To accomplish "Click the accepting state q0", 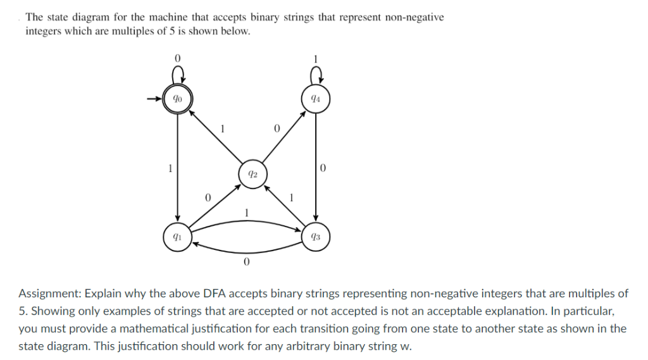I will [178, 99].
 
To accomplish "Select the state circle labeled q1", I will [177, 237].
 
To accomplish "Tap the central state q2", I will [252, 174].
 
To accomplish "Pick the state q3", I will [315, 237].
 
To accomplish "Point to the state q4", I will [315, 99].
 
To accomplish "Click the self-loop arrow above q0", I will [178, 77].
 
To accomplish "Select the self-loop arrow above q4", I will [315, 77].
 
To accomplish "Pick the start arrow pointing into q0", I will [154, 99].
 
